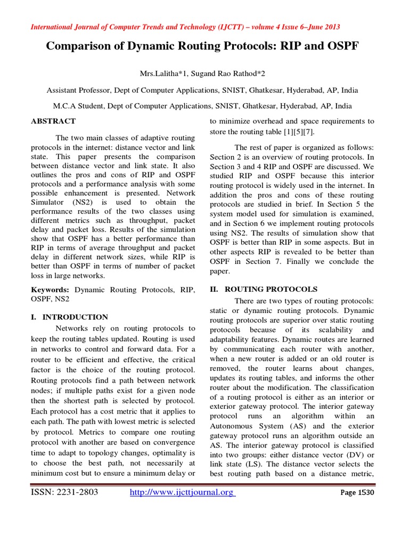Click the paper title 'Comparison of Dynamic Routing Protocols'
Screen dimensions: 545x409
tap(203, 46)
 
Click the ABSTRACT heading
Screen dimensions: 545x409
tap(53, 121)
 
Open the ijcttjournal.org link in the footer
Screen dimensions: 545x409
tap(182, 492)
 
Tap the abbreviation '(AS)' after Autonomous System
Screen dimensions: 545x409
tap(296, 426)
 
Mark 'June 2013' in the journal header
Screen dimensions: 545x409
tap(322, 27)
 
